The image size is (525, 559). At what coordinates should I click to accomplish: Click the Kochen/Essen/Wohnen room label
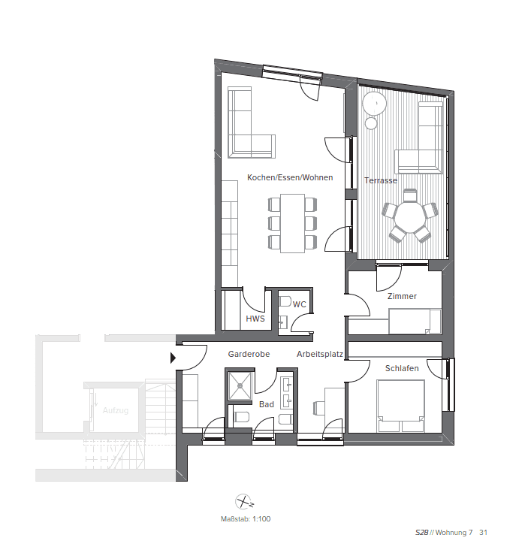(290, 178)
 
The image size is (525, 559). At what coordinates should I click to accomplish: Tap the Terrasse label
(381, 180)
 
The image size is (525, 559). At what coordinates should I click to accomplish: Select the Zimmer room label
(402, 296)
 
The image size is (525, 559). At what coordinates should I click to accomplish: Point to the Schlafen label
(402, 368)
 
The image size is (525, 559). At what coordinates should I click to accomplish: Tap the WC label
(299, 304)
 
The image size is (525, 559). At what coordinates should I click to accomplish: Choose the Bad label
(267, 403)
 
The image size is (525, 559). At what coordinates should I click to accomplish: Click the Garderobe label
(249, 353)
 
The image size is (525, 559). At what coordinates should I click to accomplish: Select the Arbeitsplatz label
(320, 353)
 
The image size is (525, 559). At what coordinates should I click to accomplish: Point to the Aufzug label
(116, 410)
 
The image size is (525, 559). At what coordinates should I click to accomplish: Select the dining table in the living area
(293, 222)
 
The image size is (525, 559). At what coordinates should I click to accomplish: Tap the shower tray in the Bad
(240, 385)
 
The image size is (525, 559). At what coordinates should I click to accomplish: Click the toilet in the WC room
(285, 301)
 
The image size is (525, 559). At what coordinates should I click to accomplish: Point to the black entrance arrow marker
(174, 358)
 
